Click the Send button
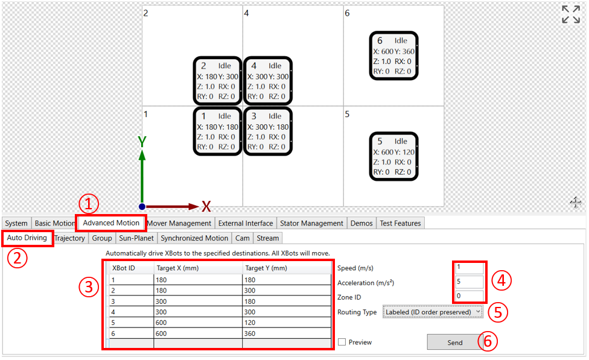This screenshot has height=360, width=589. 454,343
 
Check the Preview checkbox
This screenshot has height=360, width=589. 342,342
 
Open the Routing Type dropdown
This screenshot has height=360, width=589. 433,312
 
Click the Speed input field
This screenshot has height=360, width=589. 469,267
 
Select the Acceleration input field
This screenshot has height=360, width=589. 469,282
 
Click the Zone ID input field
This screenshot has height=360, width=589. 469,296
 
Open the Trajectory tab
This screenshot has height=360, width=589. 70,238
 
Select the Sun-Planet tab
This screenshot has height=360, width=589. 136,238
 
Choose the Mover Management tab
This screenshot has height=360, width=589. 180,223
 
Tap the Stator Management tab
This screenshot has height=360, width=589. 311,223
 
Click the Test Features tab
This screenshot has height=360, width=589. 400,223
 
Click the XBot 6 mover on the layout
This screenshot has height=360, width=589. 393,55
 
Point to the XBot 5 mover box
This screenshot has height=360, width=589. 393,156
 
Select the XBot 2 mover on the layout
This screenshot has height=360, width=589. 217,81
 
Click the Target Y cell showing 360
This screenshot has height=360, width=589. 287,333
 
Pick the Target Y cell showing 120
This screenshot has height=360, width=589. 287,323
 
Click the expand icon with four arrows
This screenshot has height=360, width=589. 571,14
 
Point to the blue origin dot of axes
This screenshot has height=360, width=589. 142,206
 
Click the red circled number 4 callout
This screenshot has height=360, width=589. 501,280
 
